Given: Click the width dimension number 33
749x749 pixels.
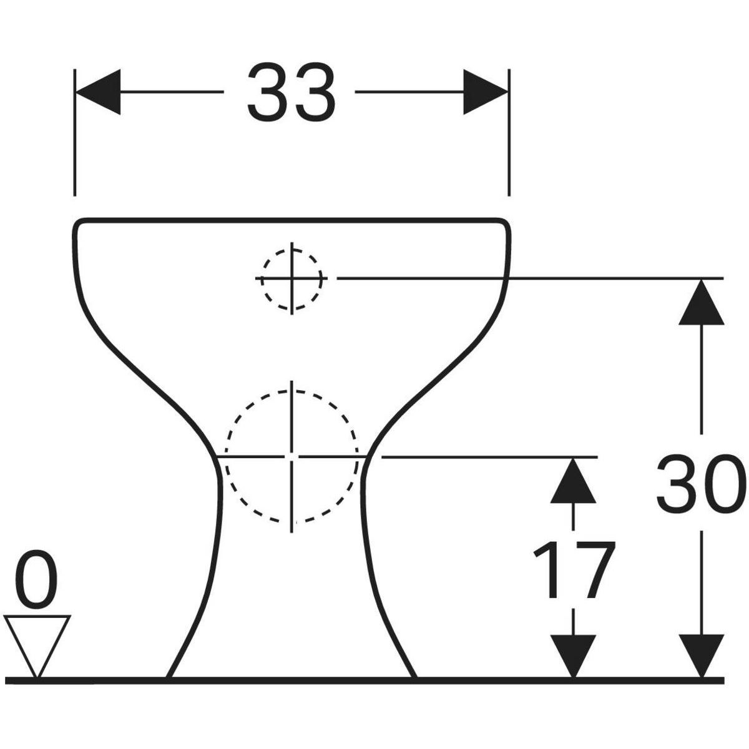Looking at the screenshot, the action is (x=291, y=92).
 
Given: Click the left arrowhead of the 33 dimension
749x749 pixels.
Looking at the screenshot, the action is (x=98, y=92).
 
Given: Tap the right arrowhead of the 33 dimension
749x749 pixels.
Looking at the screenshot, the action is (x=486, y=92).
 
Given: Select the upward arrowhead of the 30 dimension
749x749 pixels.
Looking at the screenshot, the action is (x=702, y=301).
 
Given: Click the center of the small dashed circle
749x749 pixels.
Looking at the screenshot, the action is (x=291, y=278).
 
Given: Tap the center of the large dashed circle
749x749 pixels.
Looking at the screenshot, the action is (x=291, y=457).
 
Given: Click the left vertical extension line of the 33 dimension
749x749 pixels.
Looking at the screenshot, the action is (x=75, y=132).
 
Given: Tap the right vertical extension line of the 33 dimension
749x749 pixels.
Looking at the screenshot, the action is (x=509, y=132).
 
